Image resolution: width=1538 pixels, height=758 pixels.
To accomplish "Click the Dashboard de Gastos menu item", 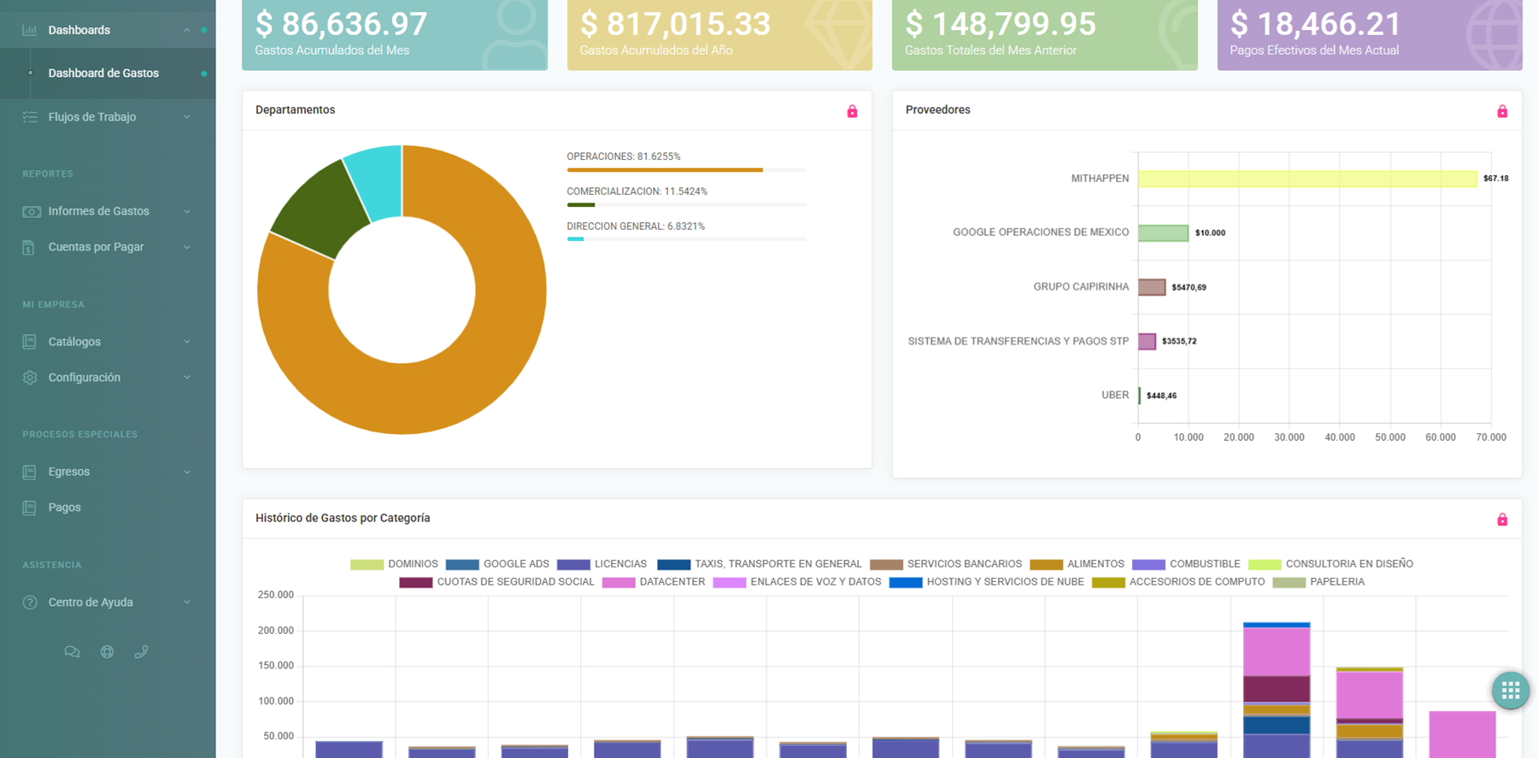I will click(103, 73).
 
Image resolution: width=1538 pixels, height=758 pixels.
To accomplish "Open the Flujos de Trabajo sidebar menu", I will click(92, 117).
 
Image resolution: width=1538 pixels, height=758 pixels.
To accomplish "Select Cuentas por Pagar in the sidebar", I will click(96, 247).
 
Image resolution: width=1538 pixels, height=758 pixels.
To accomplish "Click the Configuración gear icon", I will click(30, 378).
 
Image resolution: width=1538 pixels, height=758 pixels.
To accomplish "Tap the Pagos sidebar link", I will click(64, 508).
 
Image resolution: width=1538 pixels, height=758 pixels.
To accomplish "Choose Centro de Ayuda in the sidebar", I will click(91, 602).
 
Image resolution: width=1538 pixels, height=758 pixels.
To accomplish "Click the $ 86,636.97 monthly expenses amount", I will click(341, 24).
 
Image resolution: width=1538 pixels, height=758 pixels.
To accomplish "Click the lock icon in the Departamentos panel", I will click(852, 111).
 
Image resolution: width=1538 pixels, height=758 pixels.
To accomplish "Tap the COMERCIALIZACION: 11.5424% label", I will click(637, 191).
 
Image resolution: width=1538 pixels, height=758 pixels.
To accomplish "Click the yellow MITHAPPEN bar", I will click(1307, 179).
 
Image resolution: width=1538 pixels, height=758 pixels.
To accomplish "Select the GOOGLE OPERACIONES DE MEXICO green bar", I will click(1163, 232).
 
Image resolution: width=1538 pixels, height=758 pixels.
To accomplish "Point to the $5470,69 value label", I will click(1189, 287).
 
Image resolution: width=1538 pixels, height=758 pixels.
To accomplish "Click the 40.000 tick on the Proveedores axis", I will click(1339, 438).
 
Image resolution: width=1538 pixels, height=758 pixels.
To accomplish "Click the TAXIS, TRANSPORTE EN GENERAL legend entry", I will click(760, 564).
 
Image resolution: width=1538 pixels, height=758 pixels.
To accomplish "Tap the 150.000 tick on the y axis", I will click(276, 666).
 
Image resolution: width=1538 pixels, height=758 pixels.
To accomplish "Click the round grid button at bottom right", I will click(1510, 690).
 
